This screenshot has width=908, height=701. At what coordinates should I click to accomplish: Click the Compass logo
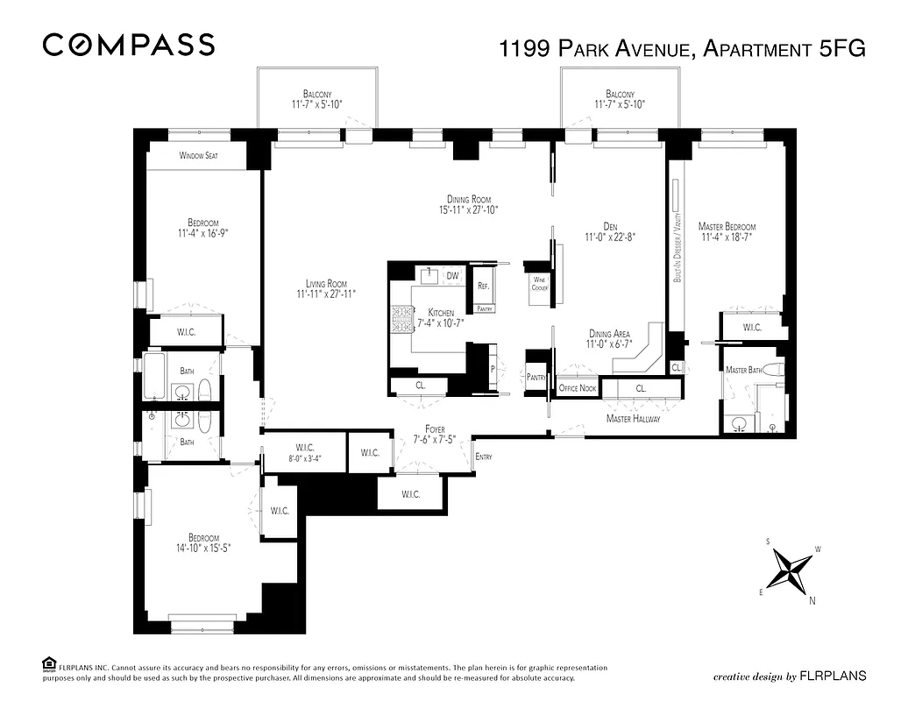[x=128, y=45]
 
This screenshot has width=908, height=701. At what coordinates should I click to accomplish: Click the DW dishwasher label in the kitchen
[x=453, y=276]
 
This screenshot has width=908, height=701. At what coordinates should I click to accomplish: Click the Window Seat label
[x=198, y=156]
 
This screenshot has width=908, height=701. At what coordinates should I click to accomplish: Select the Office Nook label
[x=578, y=388]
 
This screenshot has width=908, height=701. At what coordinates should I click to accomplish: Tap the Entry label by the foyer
[x=483, y=457]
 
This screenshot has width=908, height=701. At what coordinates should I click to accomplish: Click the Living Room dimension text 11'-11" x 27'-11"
[x=326, y=294]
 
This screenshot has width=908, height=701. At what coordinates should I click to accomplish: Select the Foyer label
[x=436, y=429]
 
